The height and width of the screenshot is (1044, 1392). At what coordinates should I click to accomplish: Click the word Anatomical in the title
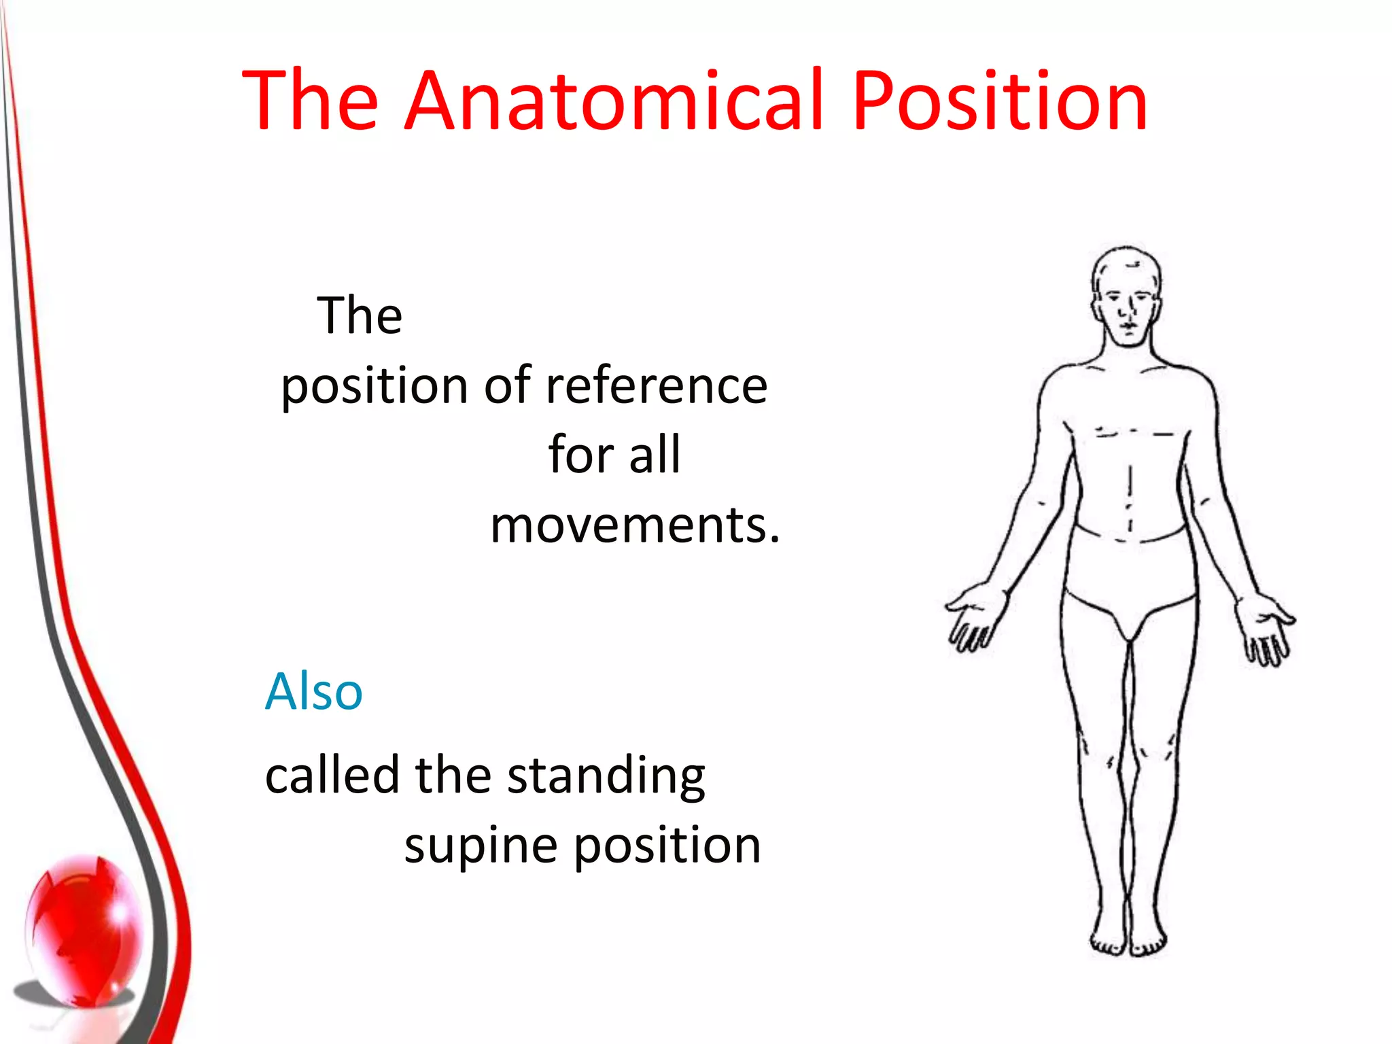coord(614,101)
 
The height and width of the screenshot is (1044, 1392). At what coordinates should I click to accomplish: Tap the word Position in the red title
coord(1000,101)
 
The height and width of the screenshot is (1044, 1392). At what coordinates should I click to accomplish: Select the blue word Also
coord(313,691)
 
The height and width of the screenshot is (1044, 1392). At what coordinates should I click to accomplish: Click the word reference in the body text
coord(657,385)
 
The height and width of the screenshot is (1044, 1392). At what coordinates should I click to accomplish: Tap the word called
coord(332,776)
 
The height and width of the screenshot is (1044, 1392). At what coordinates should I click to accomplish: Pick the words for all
coord(614,454)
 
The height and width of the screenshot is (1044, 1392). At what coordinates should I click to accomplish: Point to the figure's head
coord(1126,297)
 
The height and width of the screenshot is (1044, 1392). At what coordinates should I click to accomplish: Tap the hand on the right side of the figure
coord(1265,629)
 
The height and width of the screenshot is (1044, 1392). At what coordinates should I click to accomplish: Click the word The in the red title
coord(310,101)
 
